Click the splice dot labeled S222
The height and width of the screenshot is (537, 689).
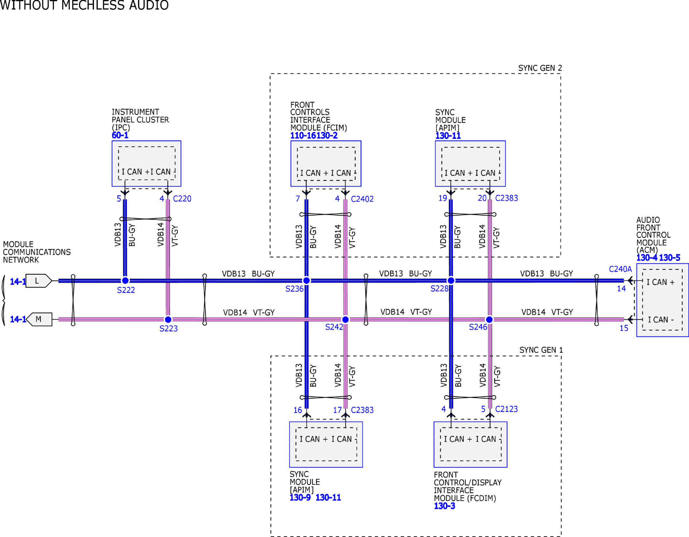(125, 280)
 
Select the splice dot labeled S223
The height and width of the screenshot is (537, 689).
(168, 320)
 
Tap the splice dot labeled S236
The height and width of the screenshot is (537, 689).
(306, 280)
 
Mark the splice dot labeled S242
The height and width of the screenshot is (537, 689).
(345, 320)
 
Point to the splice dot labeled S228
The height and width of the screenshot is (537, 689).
(451, 280)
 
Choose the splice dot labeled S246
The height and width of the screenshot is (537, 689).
(489, 320)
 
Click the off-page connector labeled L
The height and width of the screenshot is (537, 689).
(38, 281)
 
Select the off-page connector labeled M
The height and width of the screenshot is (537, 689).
(39, 319)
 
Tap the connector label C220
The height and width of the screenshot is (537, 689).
(182, 199)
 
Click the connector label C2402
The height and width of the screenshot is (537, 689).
(362, 199)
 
